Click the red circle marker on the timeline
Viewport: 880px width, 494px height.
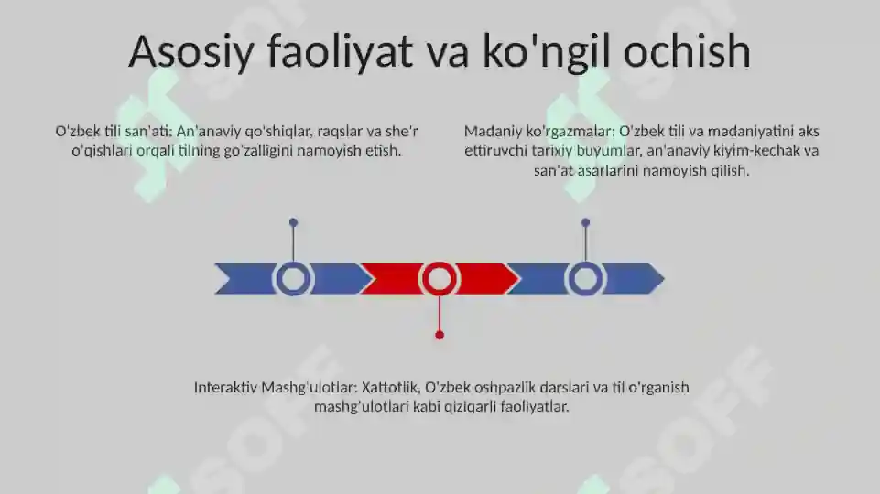pyautogui.click(x=440, y=278)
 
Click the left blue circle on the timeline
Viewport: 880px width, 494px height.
pyautogui.click(x=293, y=278)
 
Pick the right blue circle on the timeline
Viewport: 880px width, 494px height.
pyautogui.click(x=585, y=278)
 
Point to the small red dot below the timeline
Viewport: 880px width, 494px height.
pyautogui.click(x=440, y=336)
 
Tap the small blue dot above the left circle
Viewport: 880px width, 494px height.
pyautogui.click(x=293, y=222)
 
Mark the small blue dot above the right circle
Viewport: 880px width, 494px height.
pyautogui.click(x=585, y=222)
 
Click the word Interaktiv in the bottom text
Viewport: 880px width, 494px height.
pyautogui.click(x=225, y=388)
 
